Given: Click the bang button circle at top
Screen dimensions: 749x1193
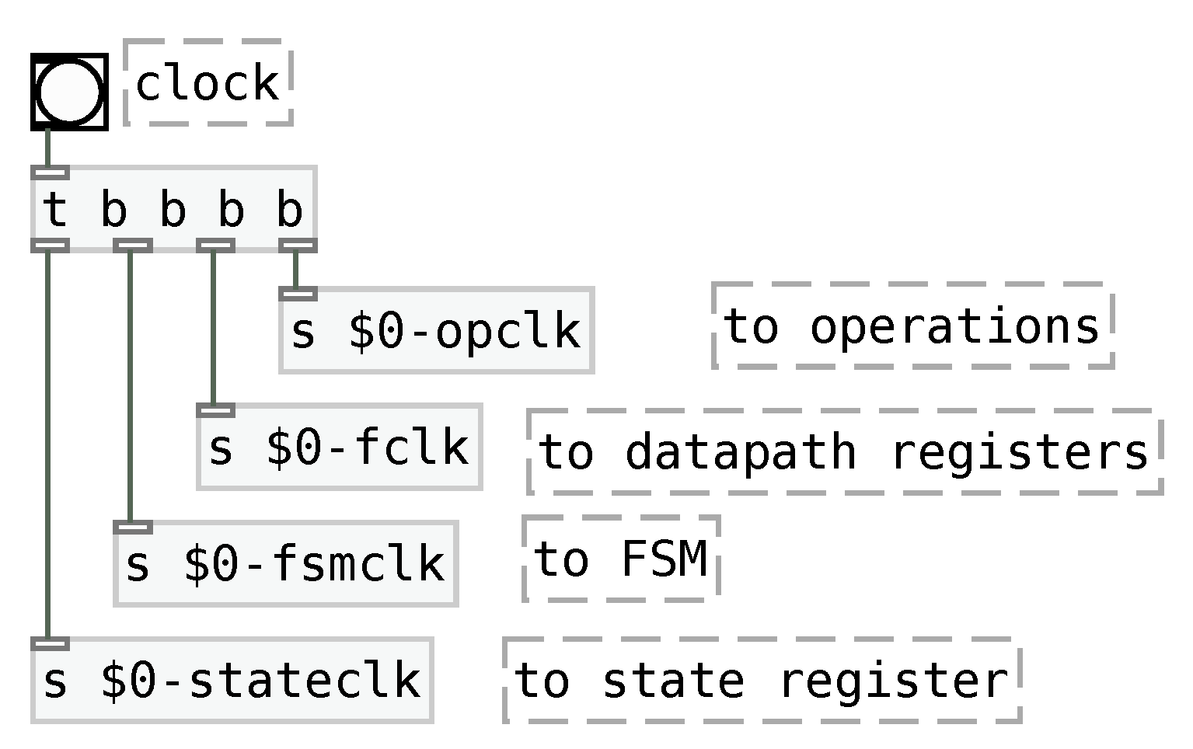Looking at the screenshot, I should [x=69, y=92].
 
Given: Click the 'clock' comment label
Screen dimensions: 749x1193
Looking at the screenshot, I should [x=208, y=83].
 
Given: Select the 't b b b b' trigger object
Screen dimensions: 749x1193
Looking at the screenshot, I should [x=173, y=209].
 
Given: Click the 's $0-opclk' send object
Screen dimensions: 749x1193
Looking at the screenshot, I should [x=436, y=331].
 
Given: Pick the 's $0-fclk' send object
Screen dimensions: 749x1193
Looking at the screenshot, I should [x=339, y=448].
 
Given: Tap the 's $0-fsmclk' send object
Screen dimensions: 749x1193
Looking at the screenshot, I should [x=285, y=564].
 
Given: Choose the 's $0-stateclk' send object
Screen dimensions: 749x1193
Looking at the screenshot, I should [x=232, y=681].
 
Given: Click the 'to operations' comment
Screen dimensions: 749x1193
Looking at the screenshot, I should [x=912, y=326].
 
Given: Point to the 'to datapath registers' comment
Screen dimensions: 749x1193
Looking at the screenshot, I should [x=844, y=451].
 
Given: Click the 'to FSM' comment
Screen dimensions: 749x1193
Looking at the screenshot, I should [x=621, y=559].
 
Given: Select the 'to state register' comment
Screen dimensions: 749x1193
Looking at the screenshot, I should [x=762, y=681].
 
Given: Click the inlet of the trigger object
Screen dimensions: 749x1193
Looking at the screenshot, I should [x=51, y=172].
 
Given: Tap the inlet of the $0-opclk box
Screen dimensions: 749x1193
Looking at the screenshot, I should [x=298, y=294].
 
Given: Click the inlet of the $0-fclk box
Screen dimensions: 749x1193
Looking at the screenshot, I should [x=215, y=410].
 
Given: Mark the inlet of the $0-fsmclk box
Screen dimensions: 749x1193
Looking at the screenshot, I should [x=133, y=528].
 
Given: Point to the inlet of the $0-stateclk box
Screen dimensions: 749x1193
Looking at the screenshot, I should [x=51, y=643].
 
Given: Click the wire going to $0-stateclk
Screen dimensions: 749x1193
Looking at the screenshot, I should [x=48, y=443].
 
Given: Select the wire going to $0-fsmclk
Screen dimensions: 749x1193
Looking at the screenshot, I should [x=130, y=388].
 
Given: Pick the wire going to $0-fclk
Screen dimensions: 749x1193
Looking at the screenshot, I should [x=213, y=326].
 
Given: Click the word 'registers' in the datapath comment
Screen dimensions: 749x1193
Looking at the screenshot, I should [x=1019, y=451].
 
